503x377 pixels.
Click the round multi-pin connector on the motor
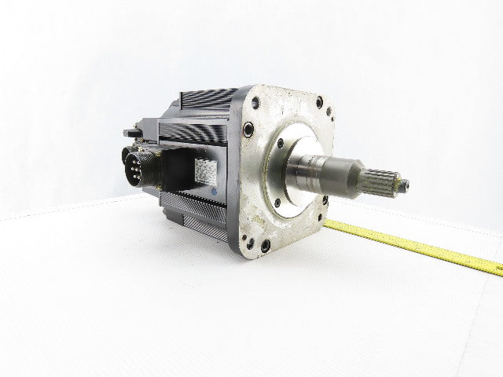tap(138, 166)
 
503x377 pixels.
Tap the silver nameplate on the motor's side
tap(206, 170)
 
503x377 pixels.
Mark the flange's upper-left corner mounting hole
tap(256, 102)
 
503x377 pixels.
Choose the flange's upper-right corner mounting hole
tap(319, 101)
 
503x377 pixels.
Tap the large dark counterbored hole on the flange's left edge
tap(248, 130)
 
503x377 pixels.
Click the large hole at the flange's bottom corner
tap(265, 245)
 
